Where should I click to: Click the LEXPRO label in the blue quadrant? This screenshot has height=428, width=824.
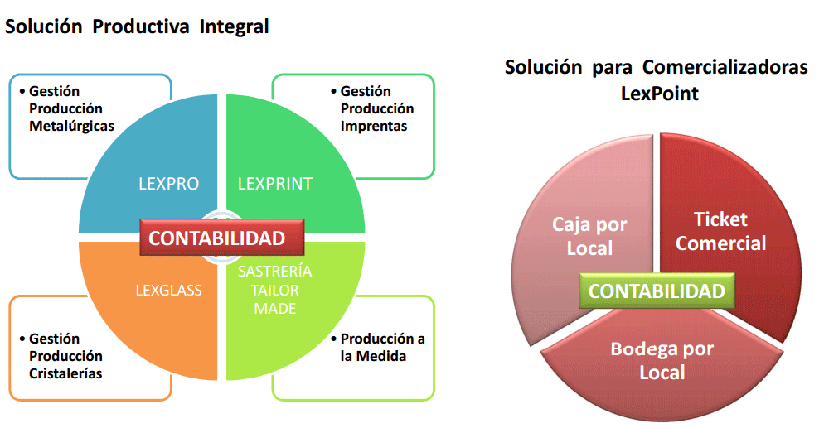coord(168,184)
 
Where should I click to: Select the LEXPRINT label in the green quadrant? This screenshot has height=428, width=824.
coord(275,184)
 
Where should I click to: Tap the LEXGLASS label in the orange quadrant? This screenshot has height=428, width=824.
coord(168,290)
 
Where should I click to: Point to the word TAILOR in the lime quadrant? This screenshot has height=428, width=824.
coord(275,290)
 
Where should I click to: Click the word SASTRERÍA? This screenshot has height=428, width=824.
coord(275,271)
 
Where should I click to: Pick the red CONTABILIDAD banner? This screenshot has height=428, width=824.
coord(222,238)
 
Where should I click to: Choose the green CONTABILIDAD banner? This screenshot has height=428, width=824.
coord(657,291)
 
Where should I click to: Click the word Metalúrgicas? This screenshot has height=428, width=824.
coord(71,127)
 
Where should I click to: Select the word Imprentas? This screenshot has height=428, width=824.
coord(374,127)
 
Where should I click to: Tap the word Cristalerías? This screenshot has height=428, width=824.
coord(65,373)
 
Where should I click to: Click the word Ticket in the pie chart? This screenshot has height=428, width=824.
coord(720,219)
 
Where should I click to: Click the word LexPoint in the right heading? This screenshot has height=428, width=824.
coord(660,94)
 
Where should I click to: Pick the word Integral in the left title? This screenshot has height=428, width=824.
coord(234,26)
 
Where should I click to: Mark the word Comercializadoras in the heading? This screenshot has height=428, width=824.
coord(725,67)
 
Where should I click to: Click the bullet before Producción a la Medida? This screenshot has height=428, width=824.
coord(334,339)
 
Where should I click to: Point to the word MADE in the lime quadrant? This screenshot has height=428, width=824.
coord(275,309)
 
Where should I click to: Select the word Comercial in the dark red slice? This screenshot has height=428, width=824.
coord(720,243)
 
